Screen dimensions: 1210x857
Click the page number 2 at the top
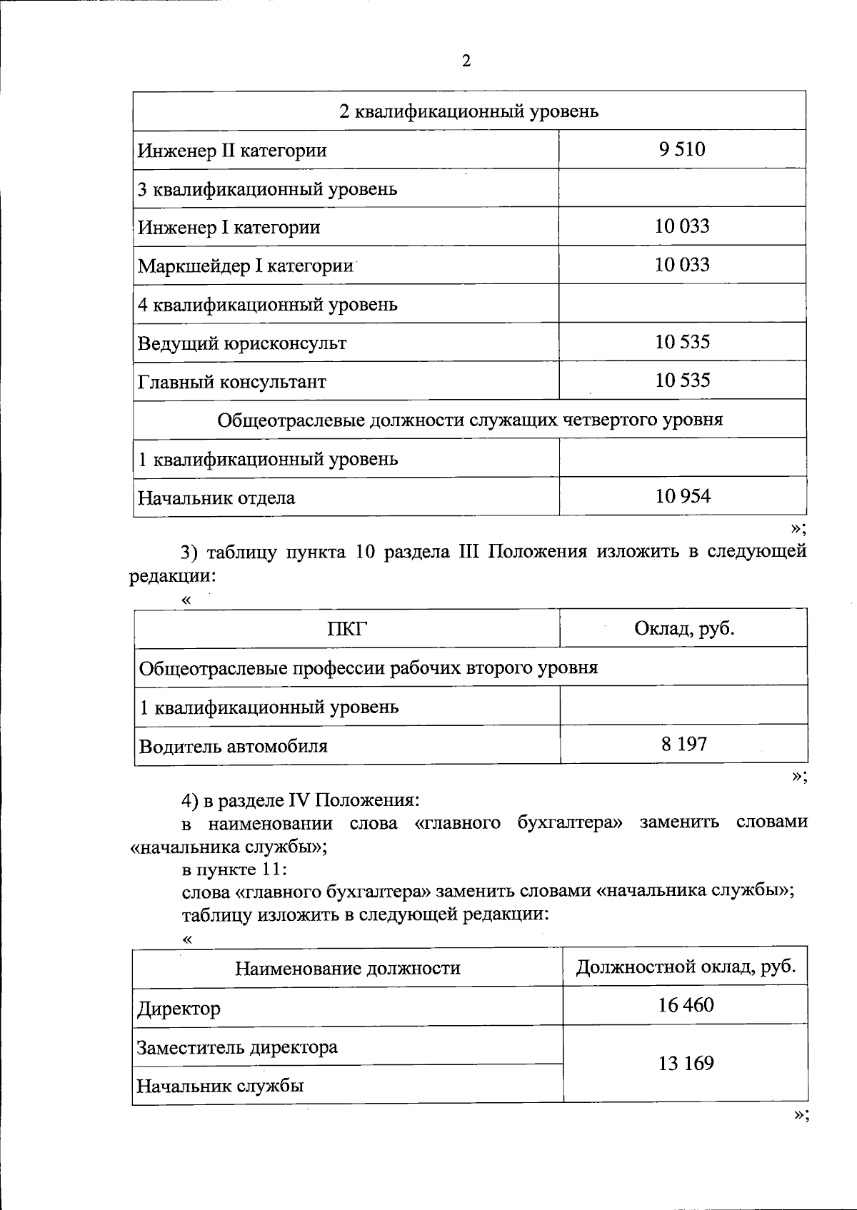466,61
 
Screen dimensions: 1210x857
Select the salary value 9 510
683,149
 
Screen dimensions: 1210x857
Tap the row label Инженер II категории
232,151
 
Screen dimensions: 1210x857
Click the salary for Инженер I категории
683,226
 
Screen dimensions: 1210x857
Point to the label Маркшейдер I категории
246,266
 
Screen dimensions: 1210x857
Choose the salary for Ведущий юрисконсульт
683,342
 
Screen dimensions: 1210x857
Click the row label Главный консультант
232,382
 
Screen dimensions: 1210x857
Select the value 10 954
683,496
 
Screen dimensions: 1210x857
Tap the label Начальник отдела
216,498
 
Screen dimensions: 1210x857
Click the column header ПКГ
347,629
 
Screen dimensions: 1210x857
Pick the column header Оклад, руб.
684,628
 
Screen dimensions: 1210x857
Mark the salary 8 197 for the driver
684,745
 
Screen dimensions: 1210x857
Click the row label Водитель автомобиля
233,747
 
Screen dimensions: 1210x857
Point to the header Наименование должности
348,969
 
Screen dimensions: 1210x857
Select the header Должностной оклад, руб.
686,967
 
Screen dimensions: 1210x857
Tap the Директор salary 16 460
686,1005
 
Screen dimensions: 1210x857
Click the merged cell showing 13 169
686,1064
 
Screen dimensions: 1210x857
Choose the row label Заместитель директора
237,1047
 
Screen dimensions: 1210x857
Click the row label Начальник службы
220,1087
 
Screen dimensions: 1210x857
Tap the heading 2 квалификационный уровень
468,111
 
